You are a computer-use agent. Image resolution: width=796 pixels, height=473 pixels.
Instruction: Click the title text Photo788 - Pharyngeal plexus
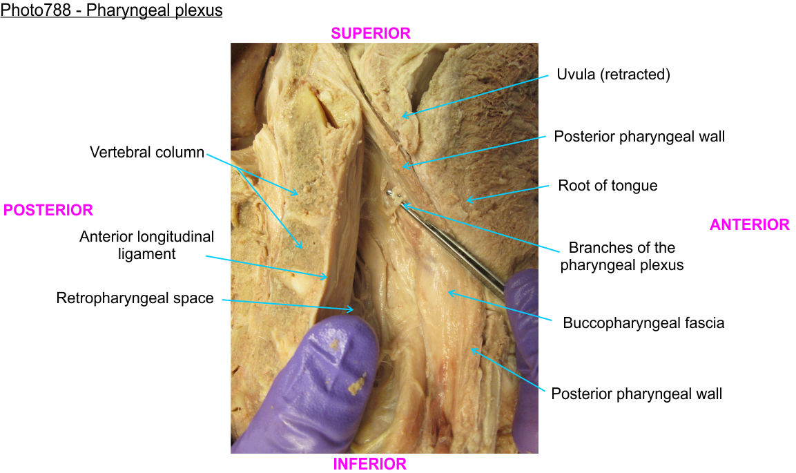coord(112,11)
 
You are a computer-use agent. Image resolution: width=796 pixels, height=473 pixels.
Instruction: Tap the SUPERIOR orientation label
coord(371,33)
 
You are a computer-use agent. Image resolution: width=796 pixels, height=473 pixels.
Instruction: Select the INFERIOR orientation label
coord(369,464)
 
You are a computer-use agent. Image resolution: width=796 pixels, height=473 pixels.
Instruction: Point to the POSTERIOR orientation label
coord(48,210)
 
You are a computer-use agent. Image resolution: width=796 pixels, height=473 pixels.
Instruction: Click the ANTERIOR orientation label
coord(749,224)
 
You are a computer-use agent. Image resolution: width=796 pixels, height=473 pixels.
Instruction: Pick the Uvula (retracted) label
coord(613,75)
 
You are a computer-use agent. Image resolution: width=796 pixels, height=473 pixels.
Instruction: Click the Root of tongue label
coord(608,186)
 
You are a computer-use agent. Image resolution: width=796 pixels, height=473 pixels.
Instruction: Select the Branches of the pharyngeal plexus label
coord(621,255)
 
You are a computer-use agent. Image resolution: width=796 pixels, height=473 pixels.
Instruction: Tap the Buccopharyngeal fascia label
coord(643,322)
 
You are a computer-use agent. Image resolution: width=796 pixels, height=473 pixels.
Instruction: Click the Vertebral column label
coord(147,152)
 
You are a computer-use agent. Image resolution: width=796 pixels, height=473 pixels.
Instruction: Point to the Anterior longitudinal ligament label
coord(146,245)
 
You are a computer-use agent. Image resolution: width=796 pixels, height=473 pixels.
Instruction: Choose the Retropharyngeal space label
coord(135,299)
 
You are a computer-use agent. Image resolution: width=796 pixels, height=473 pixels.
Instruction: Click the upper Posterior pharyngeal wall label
coord(639,137)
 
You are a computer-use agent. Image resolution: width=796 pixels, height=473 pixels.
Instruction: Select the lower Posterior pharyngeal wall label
coord(637,394)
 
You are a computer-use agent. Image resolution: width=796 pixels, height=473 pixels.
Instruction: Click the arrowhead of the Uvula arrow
coord(403,116)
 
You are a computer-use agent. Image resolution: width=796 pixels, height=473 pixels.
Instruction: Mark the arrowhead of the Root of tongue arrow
coord(467,201)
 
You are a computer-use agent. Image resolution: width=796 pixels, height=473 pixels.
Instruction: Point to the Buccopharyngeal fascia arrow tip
coord(449,292)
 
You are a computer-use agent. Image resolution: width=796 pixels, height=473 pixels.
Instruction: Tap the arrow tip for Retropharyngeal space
coord(355,310)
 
